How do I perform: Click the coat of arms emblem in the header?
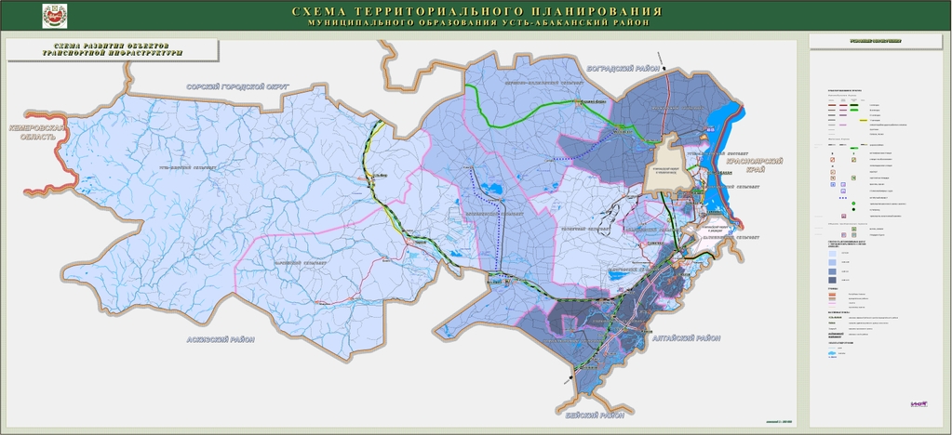[x=55, y=16]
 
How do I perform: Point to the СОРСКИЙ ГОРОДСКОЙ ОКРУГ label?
[x=237, y=86]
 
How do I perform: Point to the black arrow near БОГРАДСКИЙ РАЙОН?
[x=664, y=59]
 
